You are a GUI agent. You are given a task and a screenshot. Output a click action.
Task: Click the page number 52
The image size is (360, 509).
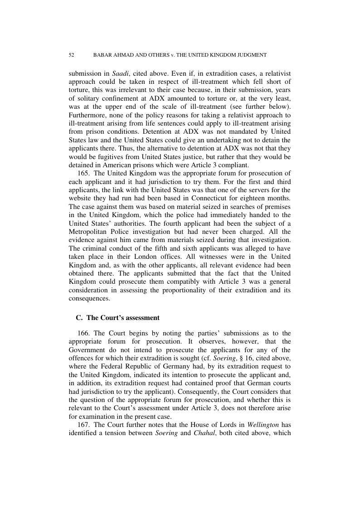(72, 55)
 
